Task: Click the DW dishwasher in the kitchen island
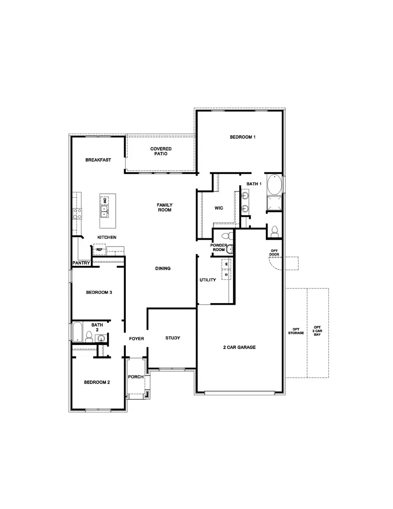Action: tap(105, 201)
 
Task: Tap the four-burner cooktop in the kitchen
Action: tap(78, 213)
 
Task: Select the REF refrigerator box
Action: tap(99, 250)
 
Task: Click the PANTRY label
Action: tap(81, 263)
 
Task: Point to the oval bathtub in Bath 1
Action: tap(274, 185)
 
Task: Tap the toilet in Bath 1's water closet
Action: tap(274, 231)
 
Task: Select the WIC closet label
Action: tap(219, 208)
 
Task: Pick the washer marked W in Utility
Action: tap(226, 264)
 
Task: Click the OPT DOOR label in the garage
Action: tap(275, 253)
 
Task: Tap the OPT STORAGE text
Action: tap(296, 331)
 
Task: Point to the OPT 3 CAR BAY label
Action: tap(317, 331)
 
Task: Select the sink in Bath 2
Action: tap(101, 338)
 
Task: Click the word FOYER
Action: tap(136, 338)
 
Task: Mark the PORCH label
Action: tap(135, 377)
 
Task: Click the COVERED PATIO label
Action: tap(161, 151)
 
